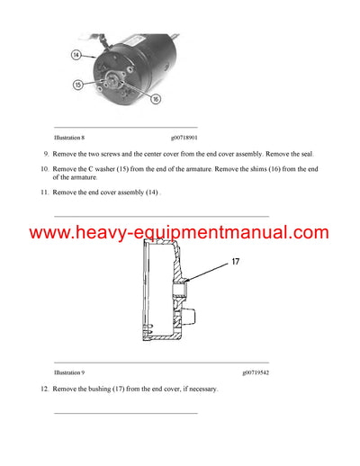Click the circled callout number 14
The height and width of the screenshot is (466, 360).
coord(76,54)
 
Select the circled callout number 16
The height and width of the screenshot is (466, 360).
coord(154,98)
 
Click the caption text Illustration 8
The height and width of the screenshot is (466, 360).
coord(70,137)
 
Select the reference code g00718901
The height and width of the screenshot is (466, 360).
coord(184,137)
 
